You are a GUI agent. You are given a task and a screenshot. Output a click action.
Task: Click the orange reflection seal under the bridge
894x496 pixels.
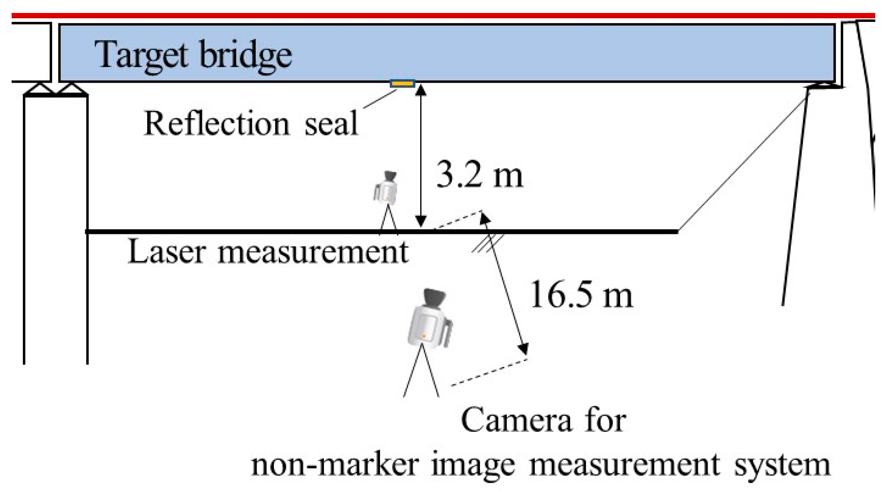pos(403,83)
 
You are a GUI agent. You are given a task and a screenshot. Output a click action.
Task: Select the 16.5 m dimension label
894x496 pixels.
pos(581,295)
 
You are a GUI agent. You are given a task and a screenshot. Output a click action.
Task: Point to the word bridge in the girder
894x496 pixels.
pos(245,56)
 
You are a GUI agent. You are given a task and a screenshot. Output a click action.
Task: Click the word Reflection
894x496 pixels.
pos(216,123)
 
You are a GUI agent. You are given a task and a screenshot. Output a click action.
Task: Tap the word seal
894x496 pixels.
pos(331,124)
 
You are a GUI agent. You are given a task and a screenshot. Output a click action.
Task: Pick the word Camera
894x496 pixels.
pos(516,420)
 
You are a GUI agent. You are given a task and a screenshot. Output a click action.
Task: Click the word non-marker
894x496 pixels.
pos(335,465)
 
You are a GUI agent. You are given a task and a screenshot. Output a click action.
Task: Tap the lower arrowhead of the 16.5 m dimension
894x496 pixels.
pos(523,349)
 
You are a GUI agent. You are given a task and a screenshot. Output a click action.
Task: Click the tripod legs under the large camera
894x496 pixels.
pos(421,375)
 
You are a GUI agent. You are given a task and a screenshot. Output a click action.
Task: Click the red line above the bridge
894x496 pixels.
pos(446,16)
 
